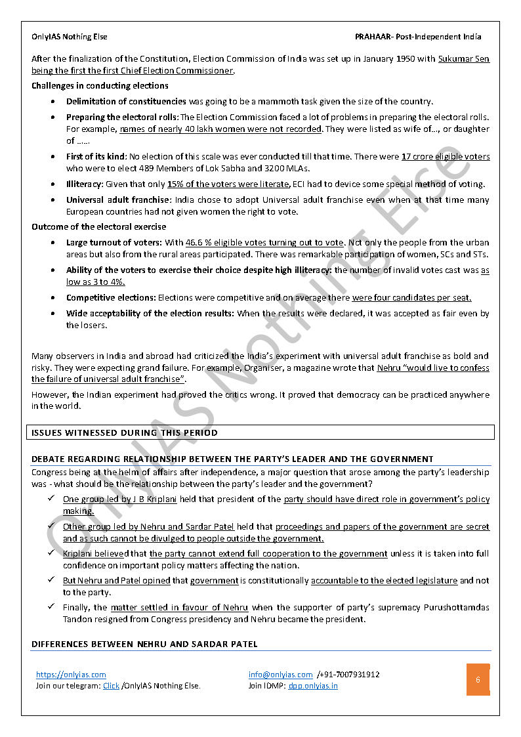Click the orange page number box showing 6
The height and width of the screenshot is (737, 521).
click(478, 680)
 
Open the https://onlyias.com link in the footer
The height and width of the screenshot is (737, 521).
click(71, 675)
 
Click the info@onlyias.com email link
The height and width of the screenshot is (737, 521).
click(280, 675)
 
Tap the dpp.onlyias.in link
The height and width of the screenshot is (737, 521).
click(313, 686)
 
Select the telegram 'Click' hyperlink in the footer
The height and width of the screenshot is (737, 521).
click(111, 686)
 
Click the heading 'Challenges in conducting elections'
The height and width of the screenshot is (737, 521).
click(100, 86)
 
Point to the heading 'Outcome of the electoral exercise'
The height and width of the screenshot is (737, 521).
click(99, 227)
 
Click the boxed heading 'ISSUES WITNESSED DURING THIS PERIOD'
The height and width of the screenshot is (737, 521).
click(125, 432)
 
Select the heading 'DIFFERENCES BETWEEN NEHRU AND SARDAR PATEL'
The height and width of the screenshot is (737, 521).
click(144, 644)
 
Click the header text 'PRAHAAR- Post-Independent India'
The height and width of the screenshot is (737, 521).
click(418, 37)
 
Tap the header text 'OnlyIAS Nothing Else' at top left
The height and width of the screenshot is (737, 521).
click(70, 37)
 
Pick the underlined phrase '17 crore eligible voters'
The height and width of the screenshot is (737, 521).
click(446, 157)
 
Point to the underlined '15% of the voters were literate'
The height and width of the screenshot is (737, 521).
click(228, 184)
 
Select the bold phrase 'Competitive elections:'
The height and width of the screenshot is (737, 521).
click(111, 298)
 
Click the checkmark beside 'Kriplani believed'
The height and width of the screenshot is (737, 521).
click(51, 553)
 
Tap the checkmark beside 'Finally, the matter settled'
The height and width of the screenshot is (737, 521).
click(51, 607)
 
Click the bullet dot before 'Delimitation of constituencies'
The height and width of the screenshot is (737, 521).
click(52, 102)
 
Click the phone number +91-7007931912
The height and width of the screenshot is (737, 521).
click(348, 675)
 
